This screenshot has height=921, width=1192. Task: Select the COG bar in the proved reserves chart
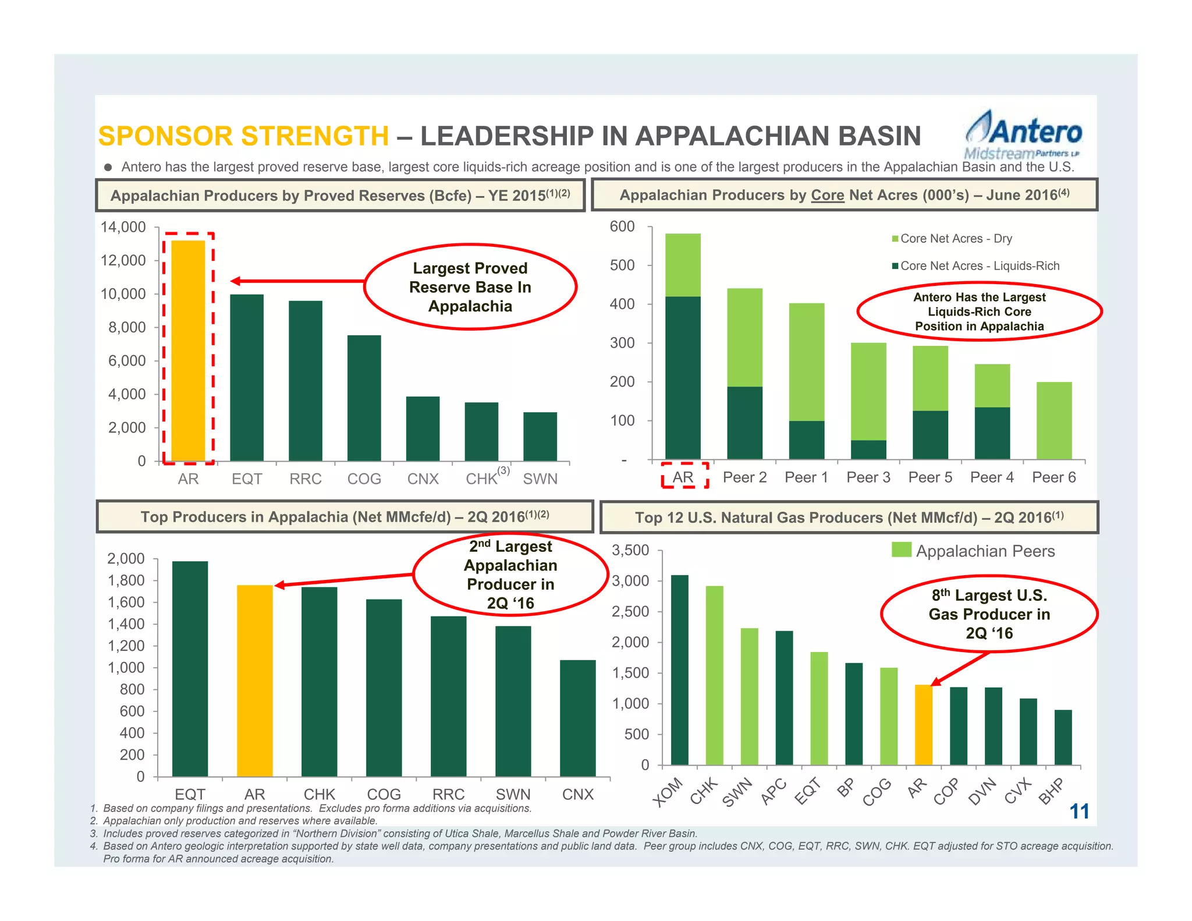(x=364, y=398)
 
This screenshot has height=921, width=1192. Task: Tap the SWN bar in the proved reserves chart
(x=540, y=437)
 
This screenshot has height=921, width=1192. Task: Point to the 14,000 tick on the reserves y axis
(x=123, y=227)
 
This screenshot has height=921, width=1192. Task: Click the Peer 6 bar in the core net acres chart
(x=1053, y=420)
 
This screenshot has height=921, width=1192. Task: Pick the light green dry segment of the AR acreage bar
(x=683, y=265)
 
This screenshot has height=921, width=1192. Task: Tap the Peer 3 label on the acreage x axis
(x=868, y=477)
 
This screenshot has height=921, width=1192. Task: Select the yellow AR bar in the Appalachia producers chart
(x=254, y=681)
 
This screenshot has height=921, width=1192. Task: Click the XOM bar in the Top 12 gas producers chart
(x=679, y=670)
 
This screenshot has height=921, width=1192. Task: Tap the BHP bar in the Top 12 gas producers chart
(x=1063, y=737)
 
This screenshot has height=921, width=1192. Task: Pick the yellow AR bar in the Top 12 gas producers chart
(x=923, y=725)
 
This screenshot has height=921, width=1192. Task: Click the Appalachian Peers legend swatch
(x=901, y=550)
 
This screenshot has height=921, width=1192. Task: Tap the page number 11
(x=1079, y=811)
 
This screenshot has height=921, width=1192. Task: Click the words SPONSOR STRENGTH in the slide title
(x=243, y=136)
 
